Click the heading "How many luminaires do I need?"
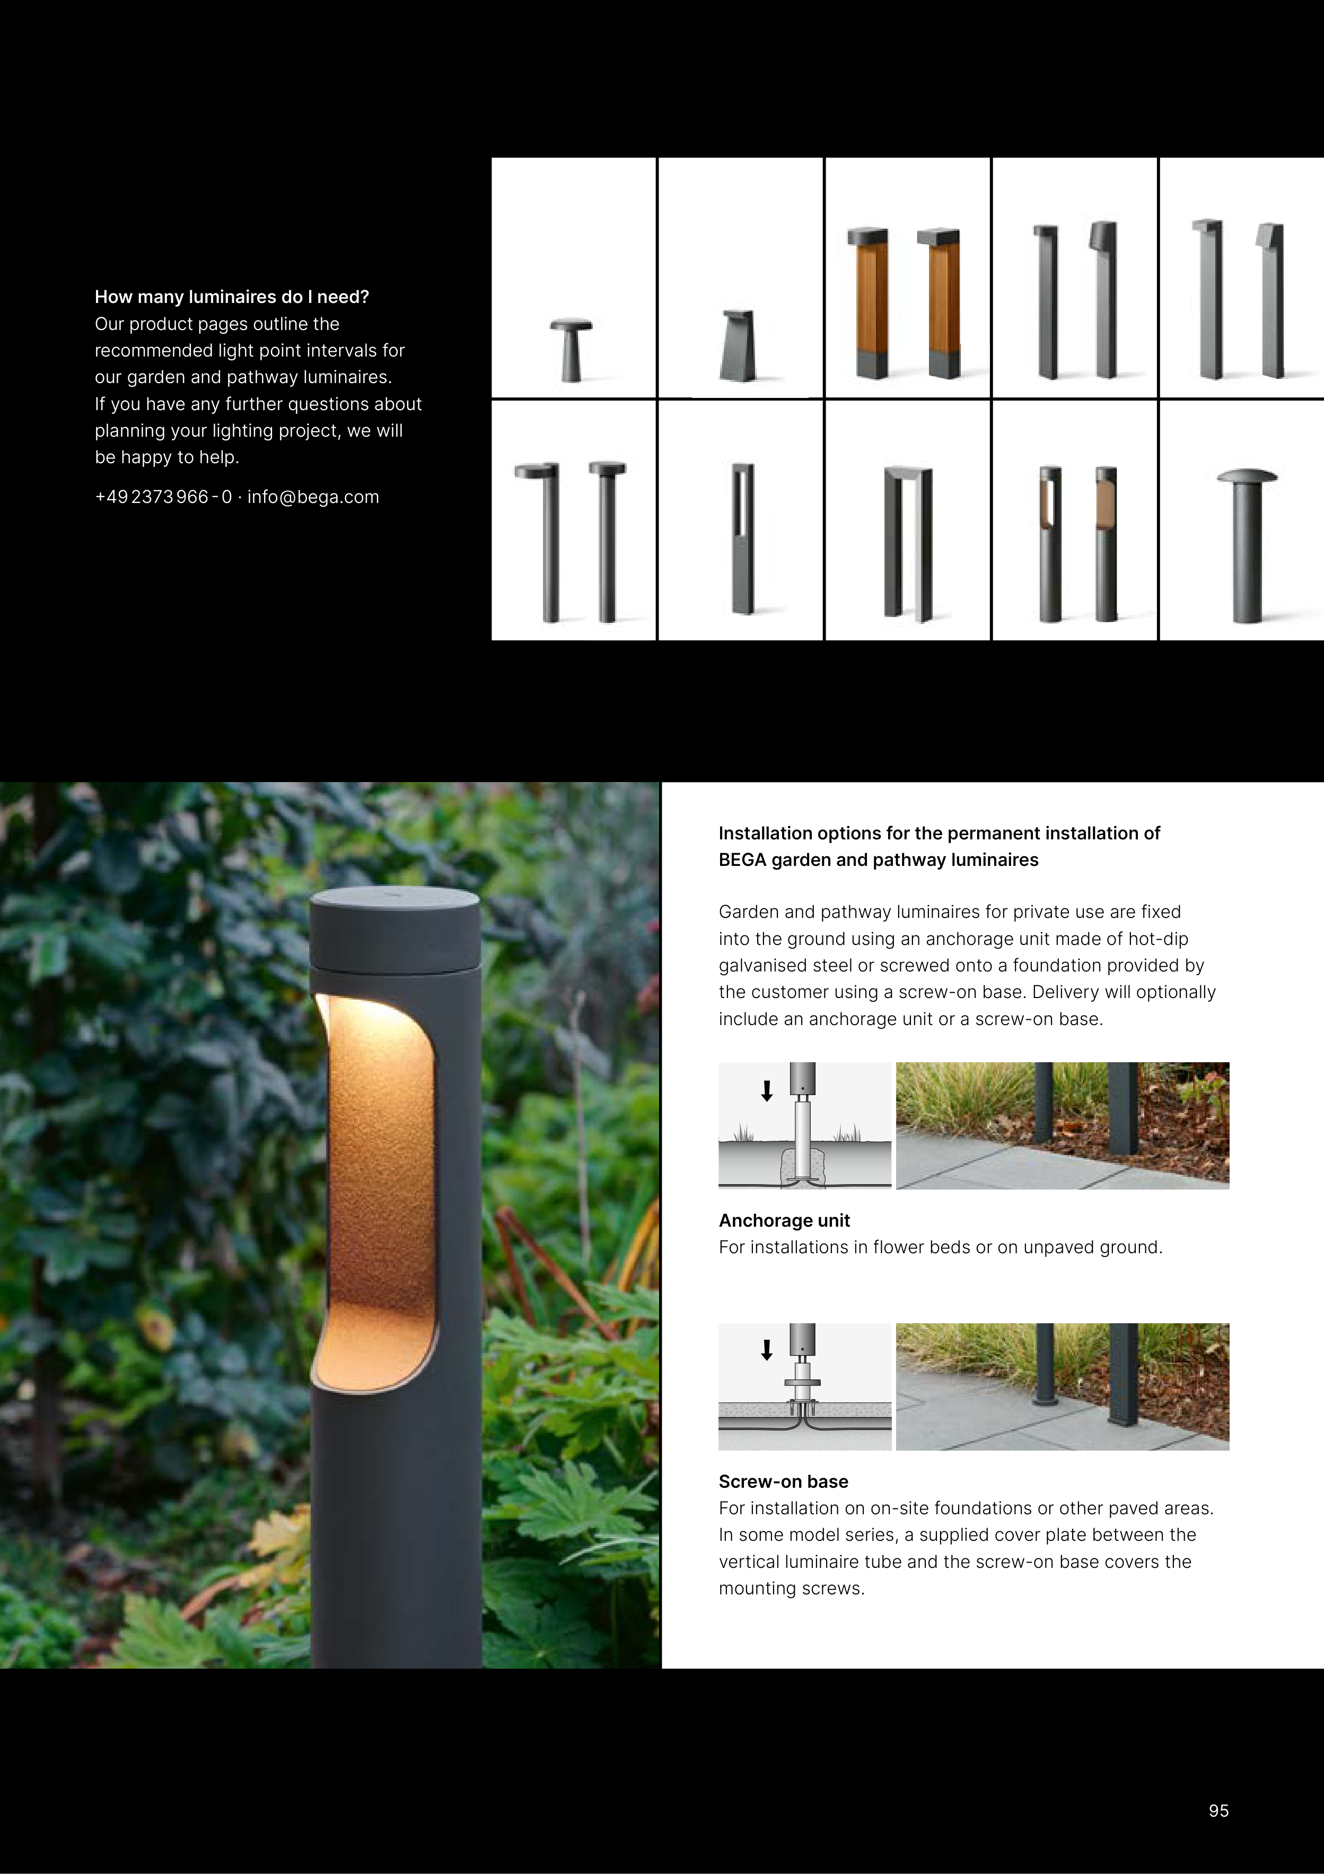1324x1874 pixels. click(232, 297)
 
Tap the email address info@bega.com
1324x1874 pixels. click(313, 497)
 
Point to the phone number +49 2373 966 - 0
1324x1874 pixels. click(163, 497)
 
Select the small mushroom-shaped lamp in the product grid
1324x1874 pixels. click(575, 349)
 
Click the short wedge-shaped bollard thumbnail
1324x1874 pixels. click(738, 345)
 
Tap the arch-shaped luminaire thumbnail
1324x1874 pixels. click(908, 544)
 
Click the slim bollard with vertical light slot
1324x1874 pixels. click(742, 539)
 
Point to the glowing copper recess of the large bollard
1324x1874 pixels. click(378, 1192)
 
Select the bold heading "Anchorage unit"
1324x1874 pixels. click(784, 1220)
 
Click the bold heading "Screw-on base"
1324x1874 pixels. click(783, 1481)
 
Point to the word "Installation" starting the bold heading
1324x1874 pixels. click(765, 834)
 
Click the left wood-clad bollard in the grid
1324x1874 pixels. click(869, 303)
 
